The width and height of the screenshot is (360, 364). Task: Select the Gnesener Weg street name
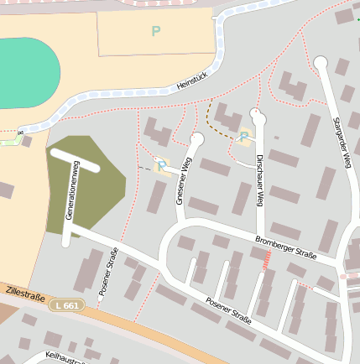point(185,181)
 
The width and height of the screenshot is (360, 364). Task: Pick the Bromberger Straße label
point(285,248)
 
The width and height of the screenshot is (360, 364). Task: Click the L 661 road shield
point(65,305)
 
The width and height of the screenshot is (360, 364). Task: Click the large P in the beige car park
point(155,32)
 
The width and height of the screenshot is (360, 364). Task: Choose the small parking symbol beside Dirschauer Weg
point(243,137)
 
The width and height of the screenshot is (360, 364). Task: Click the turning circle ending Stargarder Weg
point(320,62)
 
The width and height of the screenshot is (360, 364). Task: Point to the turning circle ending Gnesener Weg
point(197,139)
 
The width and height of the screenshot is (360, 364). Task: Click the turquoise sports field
point(25,71)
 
